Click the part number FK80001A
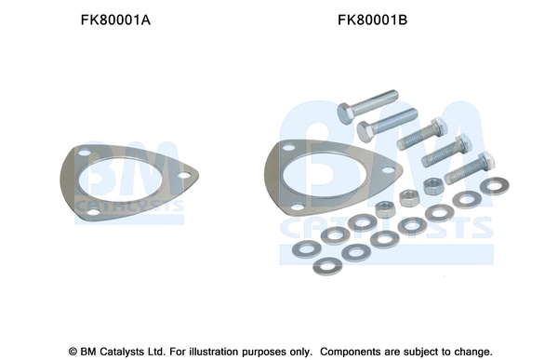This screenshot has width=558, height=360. pos(115,20)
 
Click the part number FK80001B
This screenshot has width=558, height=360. pos(372,20)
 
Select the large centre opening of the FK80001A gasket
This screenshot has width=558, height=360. pos(120,180)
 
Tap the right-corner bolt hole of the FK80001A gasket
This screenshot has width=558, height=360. pos(184,175)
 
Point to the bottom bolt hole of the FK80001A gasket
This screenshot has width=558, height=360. pos(93,212)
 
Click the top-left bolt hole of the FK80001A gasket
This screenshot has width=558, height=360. pos(85,153)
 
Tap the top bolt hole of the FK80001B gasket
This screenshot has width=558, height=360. pos(288,147)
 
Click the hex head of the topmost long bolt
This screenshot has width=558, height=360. pos(345,113)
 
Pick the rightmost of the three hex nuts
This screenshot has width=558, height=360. pos(433,186)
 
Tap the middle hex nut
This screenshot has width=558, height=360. pos(408,198)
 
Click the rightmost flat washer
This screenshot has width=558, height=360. pos(495,186)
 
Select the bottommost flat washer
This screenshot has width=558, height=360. pos(327,266)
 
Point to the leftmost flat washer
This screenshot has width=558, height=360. pos(307,249)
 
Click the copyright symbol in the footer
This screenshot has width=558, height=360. pos(73,352)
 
